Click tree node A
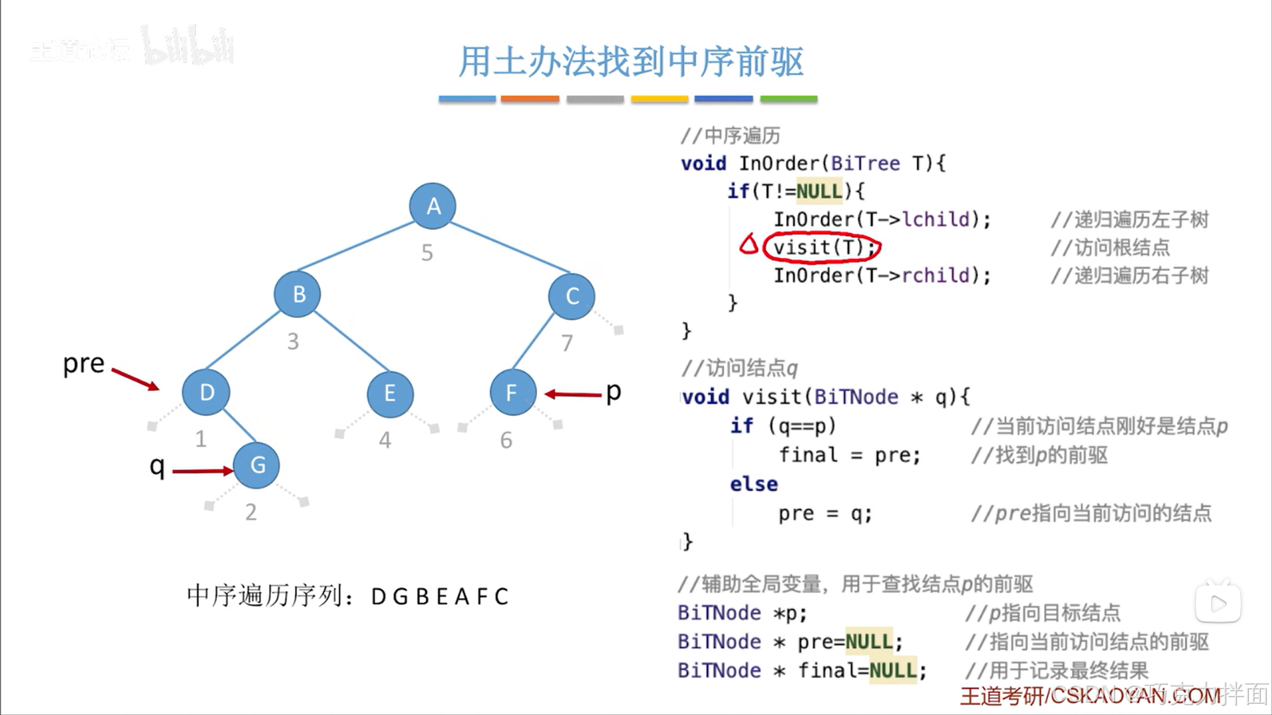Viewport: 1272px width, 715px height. point(433,206)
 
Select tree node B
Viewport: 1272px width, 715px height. point(298,294)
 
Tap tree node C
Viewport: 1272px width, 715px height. point(571,296)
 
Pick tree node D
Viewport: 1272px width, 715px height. point(206,392)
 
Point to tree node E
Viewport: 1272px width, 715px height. point(390,394)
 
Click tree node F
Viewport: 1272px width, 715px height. point(512,393)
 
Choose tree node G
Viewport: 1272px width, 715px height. point(257,465)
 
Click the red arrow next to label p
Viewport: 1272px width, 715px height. point(573,394)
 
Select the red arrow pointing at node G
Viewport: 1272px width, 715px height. point(202,471)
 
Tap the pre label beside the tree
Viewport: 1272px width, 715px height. point(84,364)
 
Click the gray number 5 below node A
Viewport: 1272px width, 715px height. point(428,252)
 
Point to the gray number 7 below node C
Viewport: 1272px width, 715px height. point(567,343)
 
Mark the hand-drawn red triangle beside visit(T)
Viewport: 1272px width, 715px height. point(749,245)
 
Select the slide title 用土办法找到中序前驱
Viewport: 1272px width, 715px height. point(630,62)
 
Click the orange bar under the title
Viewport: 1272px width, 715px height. point(530,99)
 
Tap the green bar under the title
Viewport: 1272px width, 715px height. point(788,99)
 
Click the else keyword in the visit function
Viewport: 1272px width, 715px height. point(754,484)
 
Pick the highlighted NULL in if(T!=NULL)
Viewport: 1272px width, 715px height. point(819,192)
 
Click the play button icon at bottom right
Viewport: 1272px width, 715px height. point(1218,603)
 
